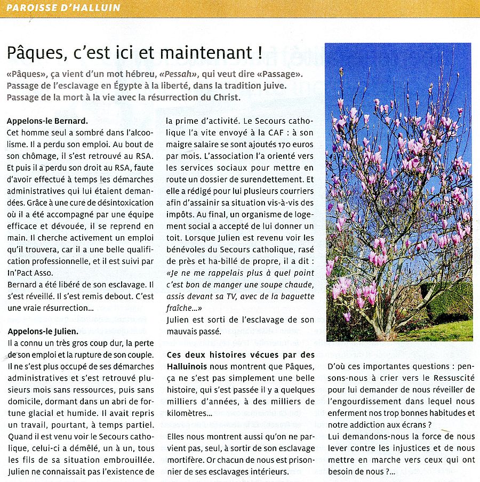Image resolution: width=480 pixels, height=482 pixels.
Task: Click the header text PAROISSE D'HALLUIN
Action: tap(63, 8)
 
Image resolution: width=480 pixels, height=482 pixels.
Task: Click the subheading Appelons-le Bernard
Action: tap(47, 121)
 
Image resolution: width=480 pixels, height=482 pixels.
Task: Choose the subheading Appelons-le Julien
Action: tap(43, 332)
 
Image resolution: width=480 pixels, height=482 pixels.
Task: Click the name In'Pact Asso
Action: tap(31, 273)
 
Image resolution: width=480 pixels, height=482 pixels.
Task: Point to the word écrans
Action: tap(414, 425)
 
